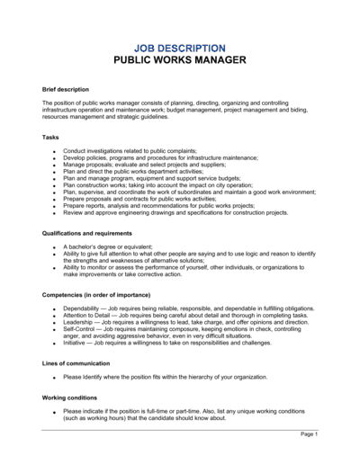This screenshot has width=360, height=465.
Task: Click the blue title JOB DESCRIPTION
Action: point(179,47)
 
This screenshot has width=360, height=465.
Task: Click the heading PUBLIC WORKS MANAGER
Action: point(179,60)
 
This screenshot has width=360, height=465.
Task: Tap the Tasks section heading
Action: point(50,137)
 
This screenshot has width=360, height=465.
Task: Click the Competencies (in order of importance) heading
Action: point(102,294)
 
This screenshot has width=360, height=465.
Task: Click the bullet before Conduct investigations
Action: point(54,151)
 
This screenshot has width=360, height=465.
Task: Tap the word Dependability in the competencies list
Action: point(83,309)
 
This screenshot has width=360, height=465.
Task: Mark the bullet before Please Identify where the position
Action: point(54,378)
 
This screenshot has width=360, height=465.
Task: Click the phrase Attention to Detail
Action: point(89,315)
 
